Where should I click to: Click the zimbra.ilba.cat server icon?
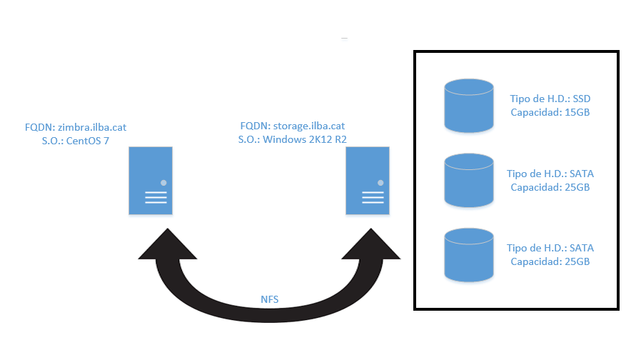151,181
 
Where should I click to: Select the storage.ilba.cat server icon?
368,181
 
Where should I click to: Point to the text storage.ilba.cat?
309,126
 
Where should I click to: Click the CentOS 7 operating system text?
88,141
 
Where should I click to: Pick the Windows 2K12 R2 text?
305,139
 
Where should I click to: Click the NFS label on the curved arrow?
270,299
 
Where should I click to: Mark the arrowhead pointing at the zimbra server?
168,244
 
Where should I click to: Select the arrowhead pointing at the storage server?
370,244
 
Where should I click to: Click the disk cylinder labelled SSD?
469,106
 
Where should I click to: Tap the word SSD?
582,99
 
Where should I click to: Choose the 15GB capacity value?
577,112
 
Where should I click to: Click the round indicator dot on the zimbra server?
163,183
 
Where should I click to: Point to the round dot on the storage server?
380,183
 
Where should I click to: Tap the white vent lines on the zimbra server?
156,198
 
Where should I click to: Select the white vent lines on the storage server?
373,198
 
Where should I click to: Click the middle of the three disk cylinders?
469,181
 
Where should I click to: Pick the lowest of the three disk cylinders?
469,255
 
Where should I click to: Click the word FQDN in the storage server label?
254,126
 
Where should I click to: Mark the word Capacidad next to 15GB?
535,113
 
